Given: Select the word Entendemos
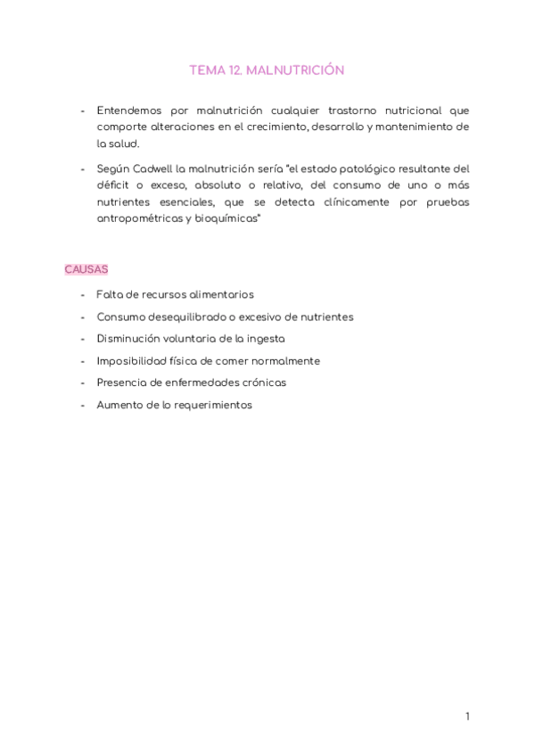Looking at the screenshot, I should [130, 111].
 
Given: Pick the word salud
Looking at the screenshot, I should [125, 143].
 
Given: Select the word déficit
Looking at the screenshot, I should [113, 185].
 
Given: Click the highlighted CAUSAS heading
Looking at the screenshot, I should [86, 269].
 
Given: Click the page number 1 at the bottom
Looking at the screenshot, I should [467, 717].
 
